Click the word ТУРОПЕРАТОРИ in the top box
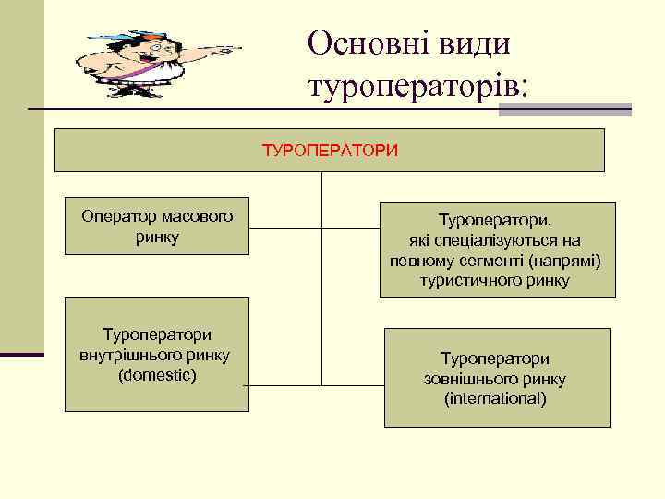(x=331, y=150)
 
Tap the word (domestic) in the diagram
(x=157, y=375)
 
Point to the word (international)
(x=495, y=398)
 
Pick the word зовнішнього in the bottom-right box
(x=495, y=379)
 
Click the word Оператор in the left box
(x=112, y=217)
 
